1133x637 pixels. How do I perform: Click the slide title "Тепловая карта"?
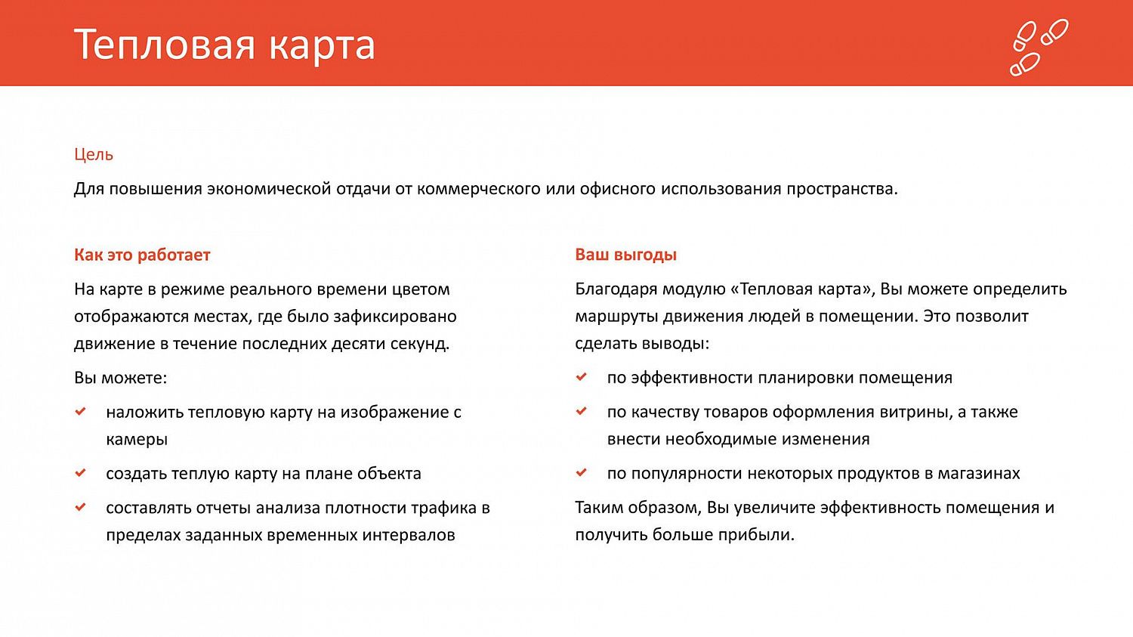[224, 45]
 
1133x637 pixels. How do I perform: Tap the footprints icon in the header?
[1039, 47]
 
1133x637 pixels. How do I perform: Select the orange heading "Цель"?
[94, 154]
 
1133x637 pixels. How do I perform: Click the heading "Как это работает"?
[142, 255]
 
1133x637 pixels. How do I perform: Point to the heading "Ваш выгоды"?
[625, 255]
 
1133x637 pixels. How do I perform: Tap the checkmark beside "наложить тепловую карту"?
[81, 412]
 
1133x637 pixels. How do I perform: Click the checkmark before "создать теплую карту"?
[81, 473]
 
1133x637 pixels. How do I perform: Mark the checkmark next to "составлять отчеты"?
[81, 507]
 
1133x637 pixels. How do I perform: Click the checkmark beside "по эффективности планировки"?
[582, 376]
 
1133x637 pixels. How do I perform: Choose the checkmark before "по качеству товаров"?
[582, 411]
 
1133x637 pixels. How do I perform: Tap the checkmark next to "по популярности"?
[582, 472]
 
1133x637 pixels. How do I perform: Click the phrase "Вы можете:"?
[120, 378]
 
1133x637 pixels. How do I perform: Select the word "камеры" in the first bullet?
[137, 439]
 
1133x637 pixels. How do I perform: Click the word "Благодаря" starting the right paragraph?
[613, 289]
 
